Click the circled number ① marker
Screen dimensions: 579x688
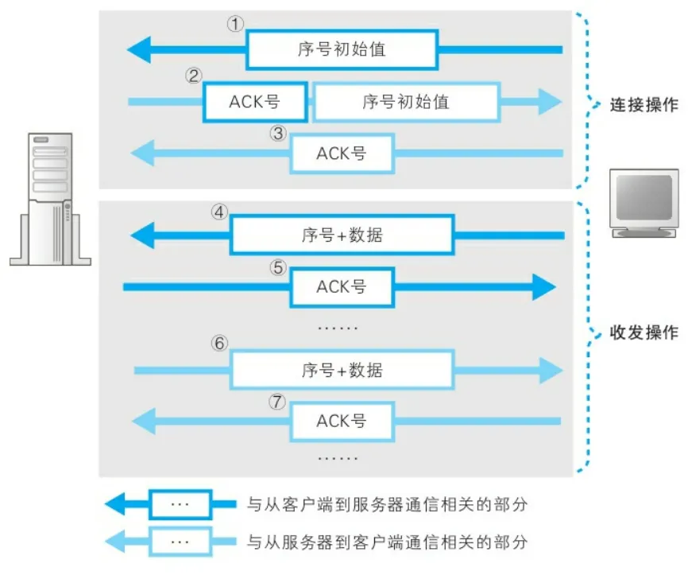[x=234, y=24]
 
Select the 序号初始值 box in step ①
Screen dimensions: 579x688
[x=342, y=49]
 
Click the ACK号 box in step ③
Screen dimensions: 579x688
[x=342, y=153]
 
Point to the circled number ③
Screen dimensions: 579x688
[x=277, y=133]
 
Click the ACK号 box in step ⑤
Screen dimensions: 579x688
[x=342, y=286]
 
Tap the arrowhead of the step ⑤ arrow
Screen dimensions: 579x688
[x=543, y=286]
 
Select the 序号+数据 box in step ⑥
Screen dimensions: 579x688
[x=342, y=370]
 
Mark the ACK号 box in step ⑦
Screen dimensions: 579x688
[x=342, y=420]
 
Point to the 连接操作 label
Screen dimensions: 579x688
[x=644, y=105]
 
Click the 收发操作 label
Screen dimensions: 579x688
[x=644, y=332]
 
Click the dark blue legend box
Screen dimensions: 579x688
[x=180, y=503]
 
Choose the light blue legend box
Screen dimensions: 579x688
[x=180, y=542]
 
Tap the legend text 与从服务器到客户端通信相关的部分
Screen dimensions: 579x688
[x=387, y=542]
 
